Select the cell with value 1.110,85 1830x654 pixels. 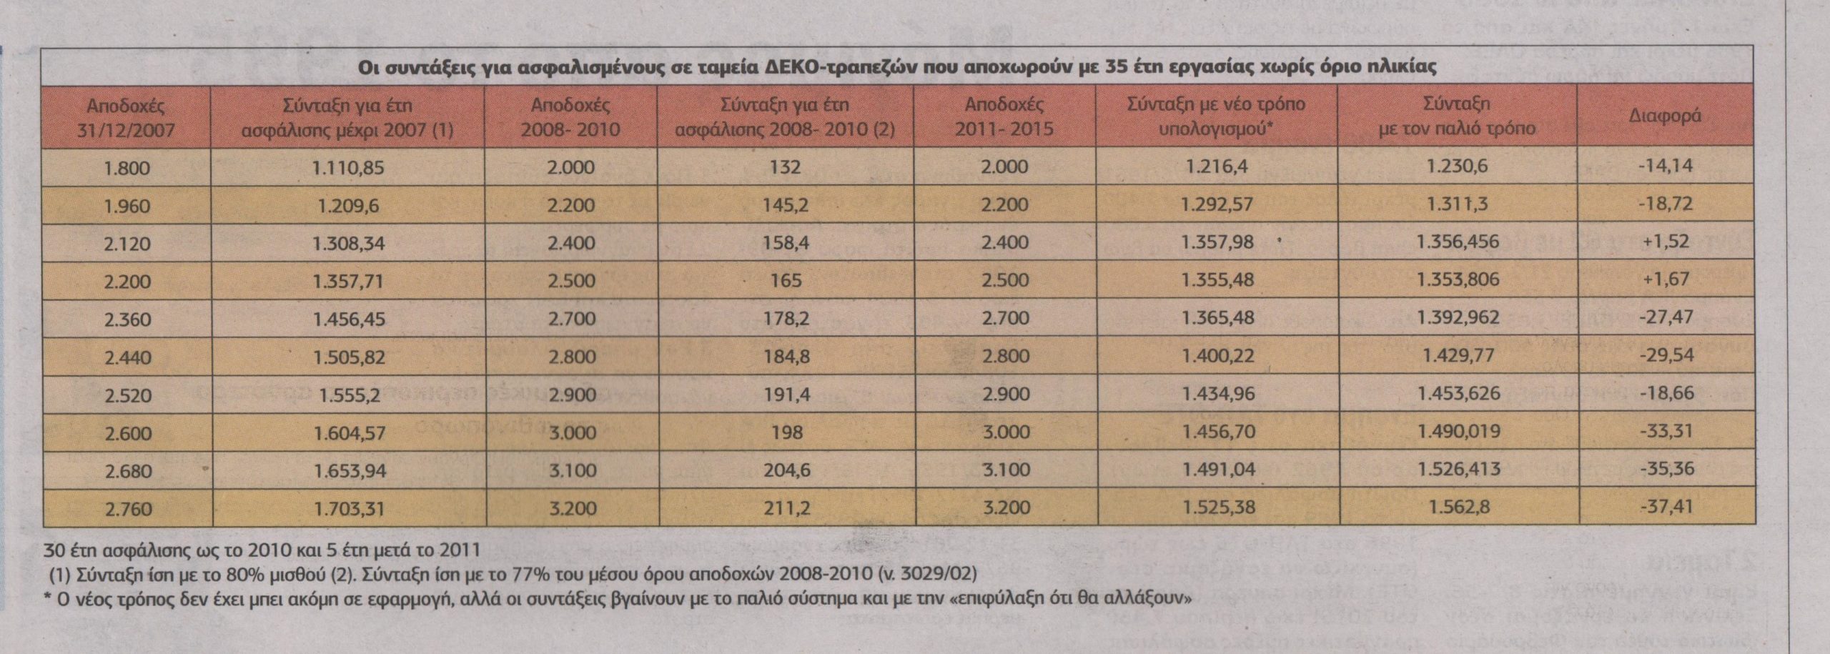point(348,168)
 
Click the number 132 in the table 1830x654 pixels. point(786,168)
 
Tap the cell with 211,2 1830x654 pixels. point(786,509)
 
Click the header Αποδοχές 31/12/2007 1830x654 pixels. point(127,118)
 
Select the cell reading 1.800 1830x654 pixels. point(127,169)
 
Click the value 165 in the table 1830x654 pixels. point(786,281)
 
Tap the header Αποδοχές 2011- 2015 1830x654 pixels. point(1004,118)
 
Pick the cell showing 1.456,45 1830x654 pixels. point(348,319)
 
